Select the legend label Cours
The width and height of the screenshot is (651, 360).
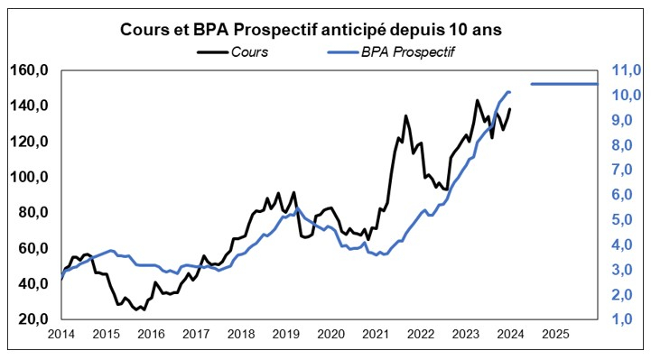click(x=249, y=51)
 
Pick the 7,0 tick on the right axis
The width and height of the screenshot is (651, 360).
click(x=628, y=170)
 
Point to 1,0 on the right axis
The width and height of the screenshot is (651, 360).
click(x=628, y=319)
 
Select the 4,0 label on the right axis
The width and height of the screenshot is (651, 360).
click(x=628, y=245)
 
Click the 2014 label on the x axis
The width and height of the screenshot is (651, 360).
click(x=60, y=334)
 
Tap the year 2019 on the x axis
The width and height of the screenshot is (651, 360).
click(x=285, y=334)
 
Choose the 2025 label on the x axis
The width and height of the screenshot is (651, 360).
click(x=554, y=334)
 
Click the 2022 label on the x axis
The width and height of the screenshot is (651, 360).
click(x=420, y=334)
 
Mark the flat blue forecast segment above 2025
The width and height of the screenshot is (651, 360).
click(x=563, y=84)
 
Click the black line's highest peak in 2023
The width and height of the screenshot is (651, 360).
click(x=477, y=100)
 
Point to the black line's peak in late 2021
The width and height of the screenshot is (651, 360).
click(x=405, y=115)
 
